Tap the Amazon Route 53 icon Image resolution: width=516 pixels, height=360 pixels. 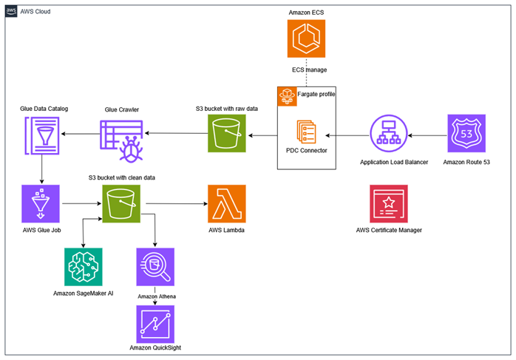click(x=466, y=134)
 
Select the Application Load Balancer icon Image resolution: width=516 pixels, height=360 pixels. click(x=390, y=134)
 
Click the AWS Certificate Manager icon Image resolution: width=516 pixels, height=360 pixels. click(x=389, y=204)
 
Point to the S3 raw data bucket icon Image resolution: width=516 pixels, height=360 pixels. click(x=226, y=134)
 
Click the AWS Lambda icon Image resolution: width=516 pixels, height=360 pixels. click(x=227, y=203)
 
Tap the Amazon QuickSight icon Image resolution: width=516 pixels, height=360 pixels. click(x=155, y=323)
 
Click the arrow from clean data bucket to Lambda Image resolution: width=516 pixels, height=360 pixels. click(x=174, y=203)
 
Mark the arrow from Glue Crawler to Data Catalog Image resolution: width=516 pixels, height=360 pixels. click(x=80, y=135)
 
